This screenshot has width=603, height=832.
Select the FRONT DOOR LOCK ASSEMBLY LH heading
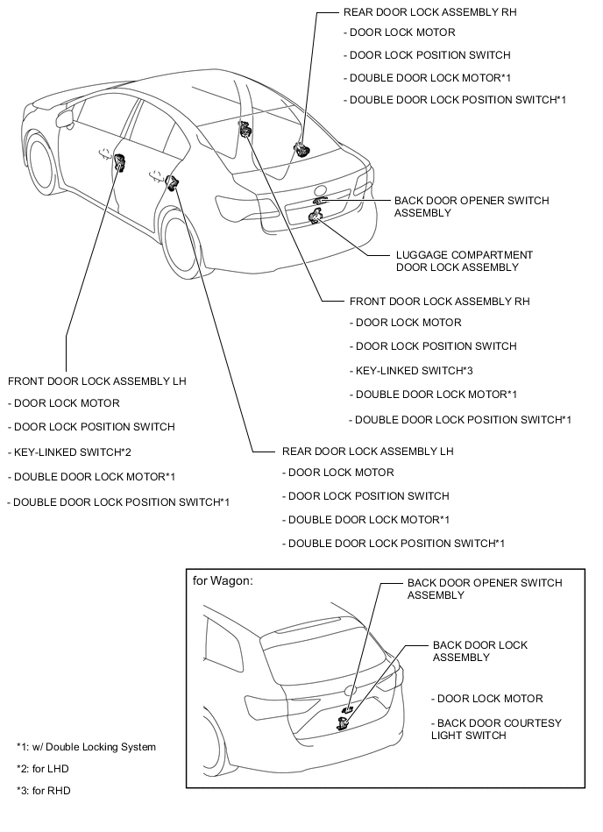pos(96,381)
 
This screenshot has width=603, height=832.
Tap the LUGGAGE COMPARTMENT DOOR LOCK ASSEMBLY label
pos(464,261)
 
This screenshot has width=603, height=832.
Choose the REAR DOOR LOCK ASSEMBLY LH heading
pos(367,452)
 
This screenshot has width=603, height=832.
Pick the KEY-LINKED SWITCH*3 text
pos(415,370)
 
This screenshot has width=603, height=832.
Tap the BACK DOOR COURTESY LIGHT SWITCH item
pos(496,729)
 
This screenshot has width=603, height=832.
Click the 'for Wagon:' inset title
pos(223,580)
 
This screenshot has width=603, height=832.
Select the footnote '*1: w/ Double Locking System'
pos(86,747)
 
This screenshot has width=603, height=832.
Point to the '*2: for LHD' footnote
pos(43,769)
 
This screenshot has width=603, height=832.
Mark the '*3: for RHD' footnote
pos(43,791)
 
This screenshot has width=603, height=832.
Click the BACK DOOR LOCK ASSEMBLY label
pos(480,651)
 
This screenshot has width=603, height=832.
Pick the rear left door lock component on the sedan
pos(172,181)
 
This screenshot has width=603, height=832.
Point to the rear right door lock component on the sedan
pos(302,148)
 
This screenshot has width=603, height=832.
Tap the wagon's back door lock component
pos(343,722)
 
